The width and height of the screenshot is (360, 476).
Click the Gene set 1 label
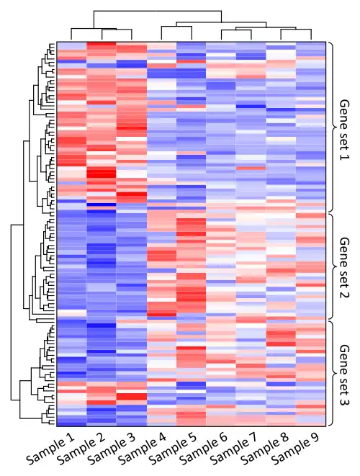click(344, 130)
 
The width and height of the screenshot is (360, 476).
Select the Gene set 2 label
click(344, 267)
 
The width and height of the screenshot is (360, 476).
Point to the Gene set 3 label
click(344, 375)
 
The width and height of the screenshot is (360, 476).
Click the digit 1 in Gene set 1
click(345, 157)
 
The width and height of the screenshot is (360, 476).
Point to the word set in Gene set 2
click(345, 277)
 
